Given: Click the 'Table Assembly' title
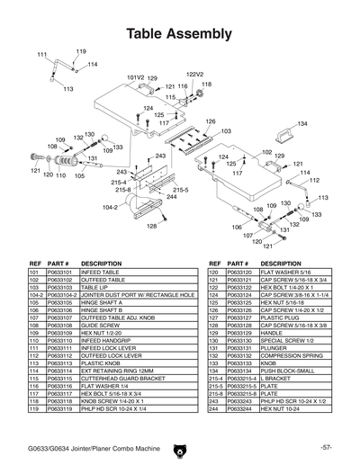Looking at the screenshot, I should point(179,35).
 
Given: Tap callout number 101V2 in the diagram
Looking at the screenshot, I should point(135,78).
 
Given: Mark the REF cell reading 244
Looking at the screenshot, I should point(214,408).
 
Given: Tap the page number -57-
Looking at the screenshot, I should point(326,447).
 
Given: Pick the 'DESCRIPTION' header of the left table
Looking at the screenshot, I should point(102,263).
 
